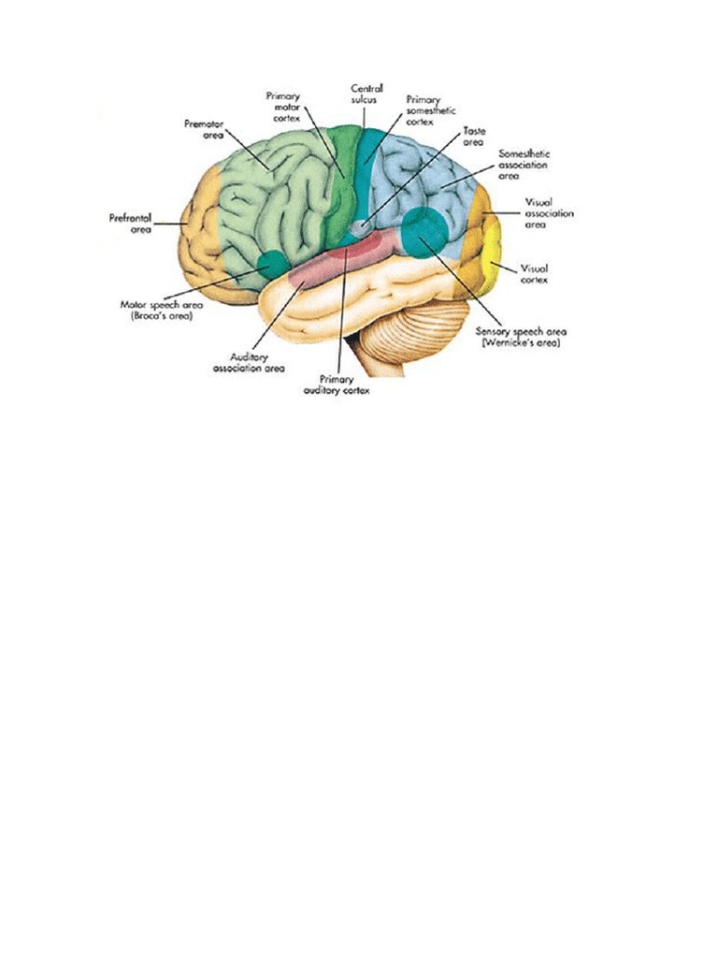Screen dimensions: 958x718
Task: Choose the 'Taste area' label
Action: pyautogui.click(x=474, y=137)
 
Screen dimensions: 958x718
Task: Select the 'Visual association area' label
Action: pyautogui.click(x=549, y=213)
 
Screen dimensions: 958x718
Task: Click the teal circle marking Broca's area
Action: pyautogui.click(x=273, y=265)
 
